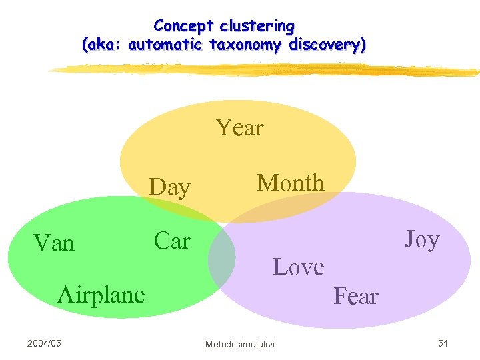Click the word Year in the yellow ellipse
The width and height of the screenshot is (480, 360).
(240, 127)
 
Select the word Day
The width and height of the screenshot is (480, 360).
(170, 188)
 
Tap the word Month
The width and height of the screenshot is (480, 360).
(291, 183)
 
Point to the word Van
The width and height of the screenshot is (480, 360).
(54, 243)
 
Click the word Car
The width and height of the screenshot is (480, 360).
(172, 241)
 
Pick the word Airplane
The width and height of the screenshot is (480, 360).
(101, 294)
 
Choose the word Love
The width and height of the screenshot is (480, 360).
(299, 267)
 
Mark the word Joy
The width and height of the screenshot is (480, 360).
(422, 239)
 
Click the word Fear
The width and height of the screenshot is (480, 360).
(356, 296)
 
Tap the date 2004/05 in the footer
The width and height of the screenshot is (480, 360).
(44, 343)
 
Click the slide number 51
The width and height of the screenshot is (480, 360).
(443, 343)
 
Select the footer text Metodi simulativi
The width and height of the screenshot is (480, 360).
(239, 344)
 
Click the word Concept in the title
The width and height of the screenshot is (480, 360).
(178, 26)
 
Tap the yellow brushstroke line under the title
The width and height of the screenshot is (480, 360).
(267, 70)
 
